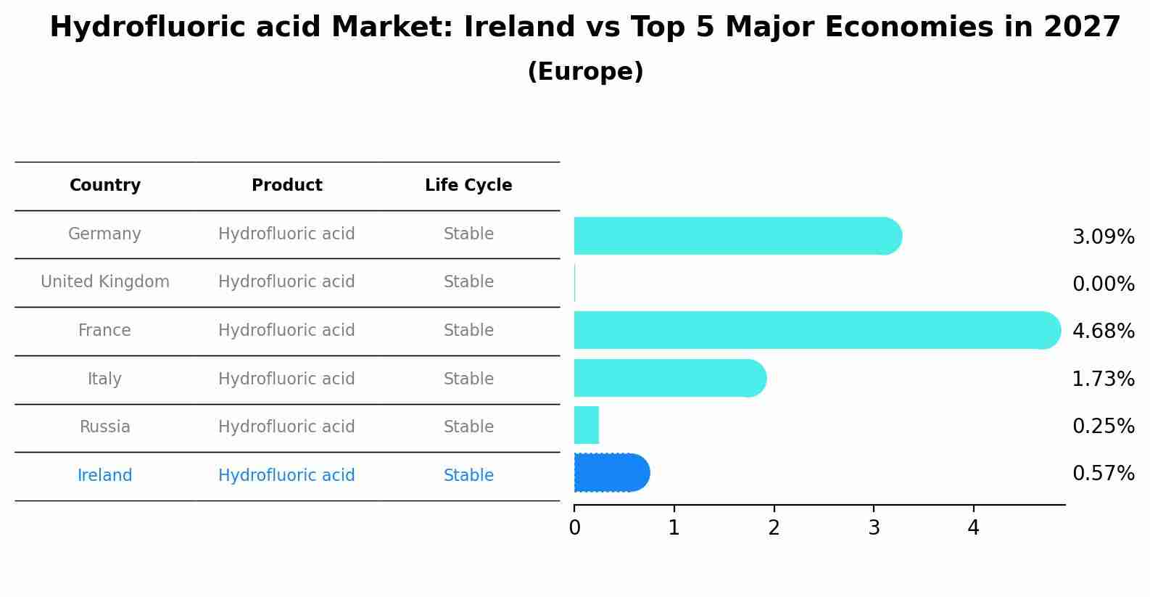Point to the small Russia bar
click(586, 425)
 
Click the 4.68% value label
click(1103, 332)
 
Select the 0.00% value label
click(1103, 284)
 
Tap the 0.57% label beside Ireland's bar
click(1103, 474)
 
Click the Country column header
click(105, 186)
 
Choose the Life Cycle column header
click(468, 186)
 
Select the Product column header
click(286, 186)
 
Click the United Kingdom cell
click(105, 282)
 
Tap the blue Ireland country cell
click(105, 476)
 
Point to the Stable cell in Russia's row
click(468, 427)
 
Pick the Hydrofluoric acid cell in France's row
click(286, 331)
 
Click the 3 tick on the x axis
click(874, 528)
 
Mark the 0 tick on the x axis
click(574, 528)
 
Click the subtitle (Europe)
click(585, 72)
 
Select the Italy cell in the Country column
click(105, 379)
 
